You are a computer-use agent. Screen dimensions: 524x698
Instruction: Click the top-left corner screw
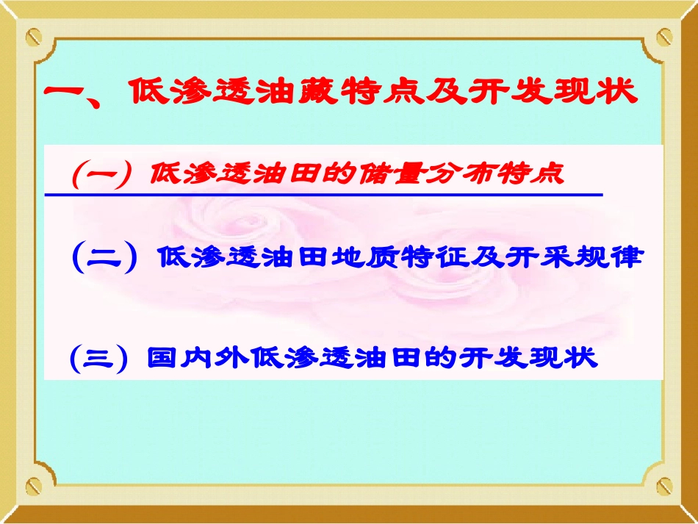(x=34, y=36)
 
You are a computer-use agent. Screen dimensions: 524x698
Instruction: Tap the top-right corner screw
(x=664, y=36)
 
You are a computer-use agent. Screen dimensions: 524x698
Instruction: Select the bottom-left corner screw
(x=34, y=485)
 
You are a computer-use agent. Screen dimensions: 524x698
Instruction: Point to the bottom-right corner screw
(x=664, y=485)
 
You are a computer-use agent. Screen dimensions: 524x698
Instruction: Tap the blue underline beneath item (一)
(x=323, y=195)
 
